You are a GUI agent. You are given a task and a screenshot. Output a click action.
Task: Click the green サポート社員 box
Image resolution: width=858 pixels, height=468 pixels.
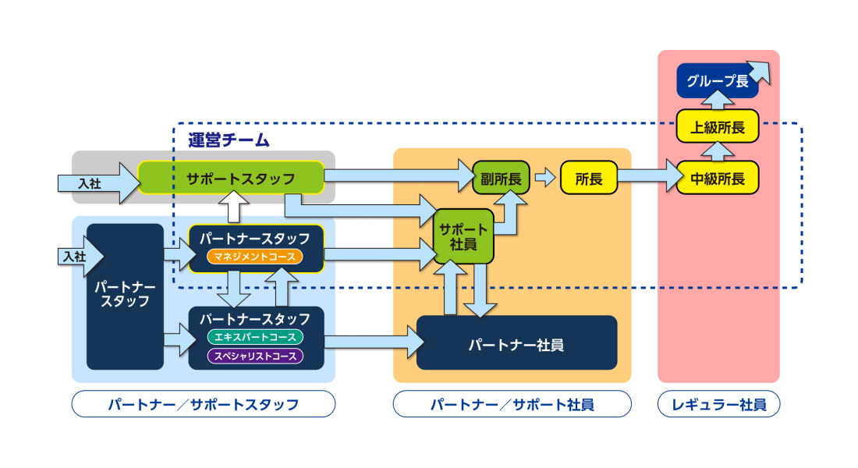click(464, 236)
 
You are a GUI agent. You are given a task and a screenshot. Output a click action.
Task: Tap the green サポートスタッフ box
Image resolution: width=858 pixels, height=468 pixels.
click(231, 178)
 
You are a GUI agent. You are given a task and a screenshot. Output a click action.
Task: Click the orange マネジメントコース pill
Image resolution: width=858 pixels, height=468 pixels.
click(255, 256)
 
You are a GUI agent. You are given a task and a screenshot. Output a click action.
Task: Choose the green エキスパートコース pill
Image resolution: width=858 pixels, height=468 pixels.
click(255, 337)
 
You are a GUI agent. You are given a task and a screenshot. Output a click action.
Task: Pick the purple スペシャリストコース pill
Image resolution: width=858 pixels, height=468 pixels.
click(255, 356)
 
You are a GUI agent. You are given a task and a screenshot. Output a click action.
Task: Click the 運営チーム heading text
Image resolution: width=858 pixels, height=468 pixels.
click(229, 140)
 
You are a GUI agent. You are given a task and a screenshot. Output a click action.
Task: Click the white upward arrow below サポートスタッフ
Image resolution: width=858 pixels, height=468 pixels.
click(232, 207)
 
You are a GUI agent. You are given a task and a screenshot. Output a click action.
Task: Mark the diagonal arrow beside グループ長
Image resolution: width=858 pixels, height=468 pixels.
click(757, 72)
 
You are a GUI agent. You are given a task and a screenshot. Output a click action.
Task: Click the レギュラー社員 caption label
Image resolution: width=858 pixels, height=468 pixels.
click(718, 404)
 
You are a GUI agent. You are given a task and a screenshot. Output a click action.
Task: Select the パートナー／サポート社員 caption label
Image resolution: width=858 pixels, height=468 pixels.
click(512, 404)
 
